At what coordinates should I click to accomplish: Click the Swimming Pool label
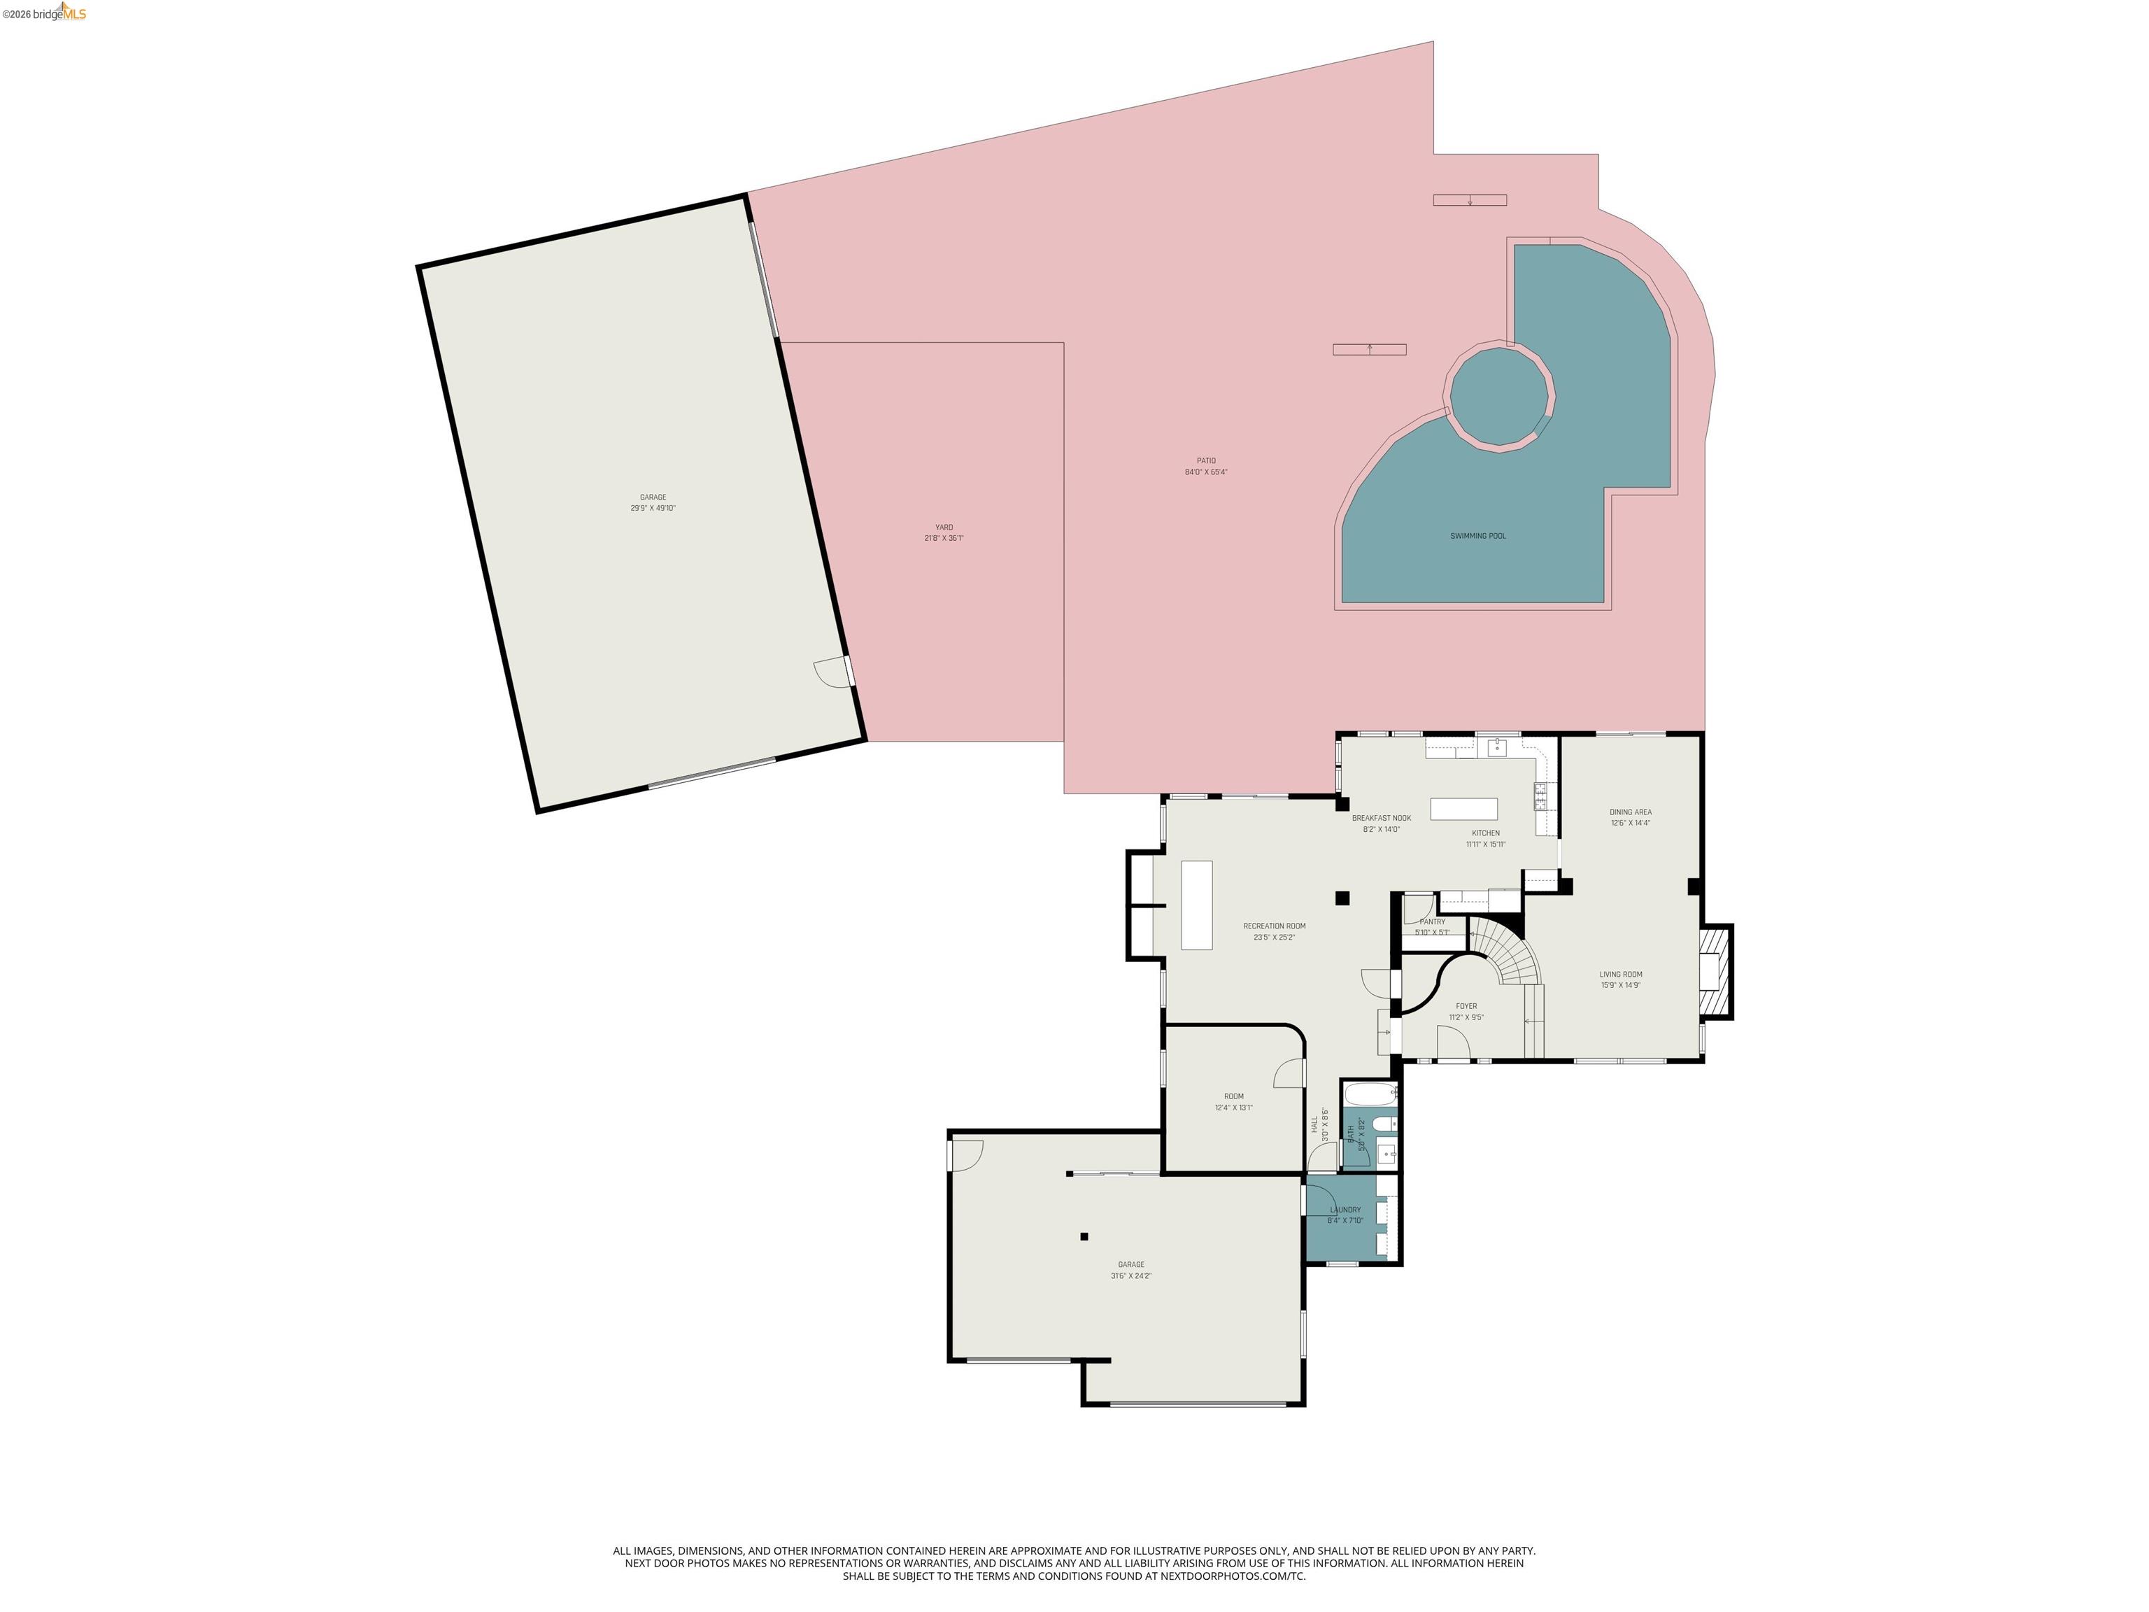tap(1477, 535)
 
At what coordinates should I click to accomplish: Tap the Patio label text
tap(1205, 460)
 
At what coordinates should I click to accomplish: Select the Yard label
tap(944, 527)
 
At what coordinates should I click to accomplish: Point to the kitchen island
tap(1463, 808)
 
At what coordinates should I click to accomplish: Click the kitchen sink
tap(1496, 747)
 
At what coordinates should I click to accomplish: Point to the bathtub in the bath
tap(1369, 1095)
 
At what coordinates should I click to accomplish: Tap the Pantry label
tap(1432, 921)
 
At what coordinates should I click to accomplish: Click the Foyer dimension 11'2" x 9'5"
tap(1466, 1017)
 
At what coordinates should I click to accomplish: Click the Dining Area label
tap(1629, 812)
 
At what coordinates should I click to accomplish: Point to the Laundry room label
tap(1345, 1210)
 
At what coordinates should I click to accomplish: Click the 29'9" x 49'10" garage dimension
tap(652, 508)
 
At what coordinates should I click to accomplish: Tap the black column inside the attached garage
tap(1084, 1236)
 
